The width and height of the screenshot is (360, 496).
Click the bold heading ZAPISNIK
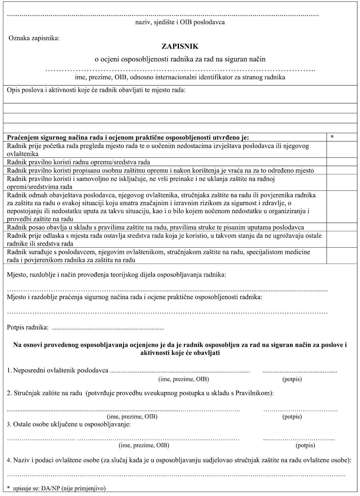point(180,46)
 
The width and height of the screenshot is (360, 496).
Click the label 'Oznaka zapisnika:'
point(34,38)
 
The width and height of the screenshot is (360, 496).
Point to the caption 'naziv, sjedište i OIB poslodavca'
point(180,22)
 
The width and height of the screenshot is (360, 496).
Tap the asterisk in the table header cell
point(332,137)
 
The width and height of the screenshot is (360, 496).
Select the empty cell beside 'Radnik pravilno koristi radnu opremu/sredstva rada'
point(342,162)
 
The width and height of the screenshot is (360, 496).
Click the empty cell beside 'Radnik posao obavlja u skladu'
point(342,227)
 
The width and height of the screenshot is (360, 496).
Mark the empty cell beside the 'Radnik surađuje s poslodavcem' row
point(342,256)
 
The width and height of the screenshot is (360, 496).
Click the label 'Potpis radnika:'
point(28,327)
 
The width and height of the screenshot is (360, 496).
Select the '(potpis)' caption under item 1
point(292,379)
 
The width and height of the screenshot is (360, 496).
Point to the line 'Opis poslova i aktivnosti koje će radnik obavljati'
point(96,90)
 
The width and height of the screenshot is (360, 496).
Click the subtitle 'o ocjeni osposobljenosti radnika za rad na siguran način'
point(180,59)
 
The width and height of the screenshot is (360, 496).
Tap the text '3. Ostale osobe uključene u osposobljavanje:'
point(69,424)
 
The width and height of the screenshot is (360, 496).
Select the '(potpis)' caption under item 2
point(292,416)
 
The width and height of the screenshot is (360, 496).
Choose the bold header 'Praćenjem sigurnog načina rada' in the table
point(128,137)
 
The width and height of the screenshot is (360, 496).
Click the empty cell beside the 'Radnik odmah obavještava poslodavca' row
point(342,207)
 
